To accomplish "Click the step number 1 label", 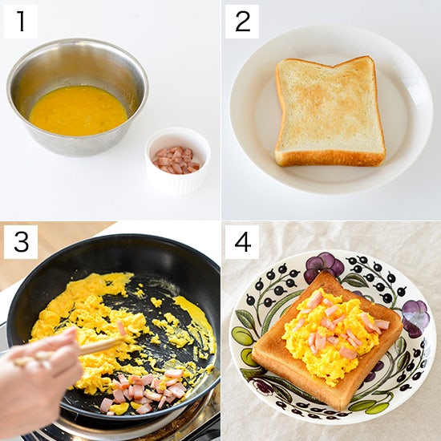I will click(20, 21).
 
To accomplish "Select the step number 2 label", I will click(241, 21).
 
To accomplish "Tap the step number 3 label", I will click(20, 241).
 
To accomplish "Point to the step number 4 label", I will click(241, 241).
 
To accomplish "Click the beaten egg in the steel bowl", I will click(77, 110).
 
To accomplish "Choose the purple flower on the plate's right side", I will click(414, 318).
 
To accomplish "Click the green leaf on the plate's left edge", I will click(242, 337).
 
